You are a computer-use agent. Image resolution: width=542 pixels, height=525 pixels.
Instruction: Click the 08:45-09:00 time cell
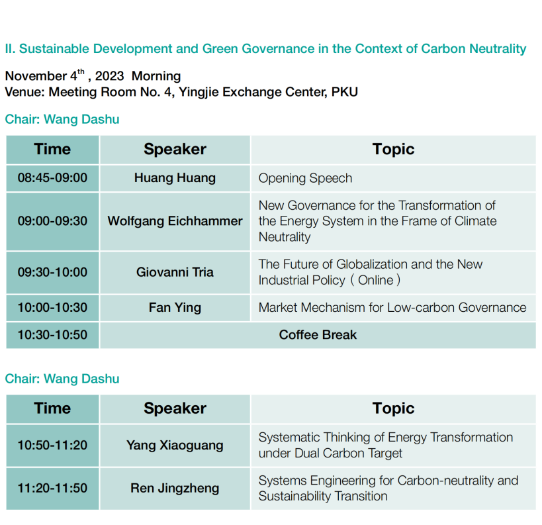click(52, 178)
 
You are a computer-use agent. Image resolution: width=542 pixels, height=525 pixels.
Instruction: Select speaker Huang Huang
click(175, 178)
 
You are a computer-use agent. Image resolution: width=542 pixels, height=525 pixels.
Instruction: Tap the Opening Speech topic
click(305, 179)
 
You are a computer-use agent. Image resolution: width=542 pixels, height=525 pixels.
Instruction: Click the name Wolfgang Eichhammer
click(175, 221)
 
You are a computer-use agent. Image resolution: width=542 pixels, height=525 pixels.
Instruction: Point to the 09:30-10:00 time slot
click(52, 272)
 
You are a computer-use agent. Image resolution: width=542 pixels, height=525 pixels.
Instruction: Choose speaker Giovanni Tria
click(175, 272)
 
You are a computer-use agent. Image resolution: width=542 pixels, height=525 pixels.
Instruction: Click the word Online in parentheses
click(376, 280)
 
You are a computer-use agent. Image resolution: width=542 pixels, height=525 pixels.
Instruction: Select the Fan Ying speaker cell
click(175, 308)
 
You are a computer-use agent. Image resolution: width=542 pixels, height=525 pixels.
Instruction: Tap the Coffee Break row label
click(318, 335)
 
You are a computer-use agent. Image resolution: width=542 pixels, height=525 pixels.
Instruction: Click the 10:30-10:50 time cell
click(52, 335)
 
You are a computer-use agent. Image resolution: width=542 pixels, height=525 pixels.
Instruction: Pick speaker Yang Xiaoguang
click(175, 446)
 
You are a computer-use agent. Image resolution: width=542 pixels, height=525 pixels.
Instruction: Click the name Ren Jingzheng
click(175, 489)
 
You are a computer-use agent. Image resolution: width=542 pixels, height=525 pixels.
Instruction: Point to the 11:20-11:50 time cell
click(52, 489)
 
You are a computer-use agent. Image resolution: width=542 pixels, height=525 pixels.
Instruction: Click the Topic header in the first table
click(393, 150)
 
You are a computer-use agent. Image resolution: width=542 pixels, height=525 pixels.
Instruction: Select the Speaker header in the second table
click(175, 408)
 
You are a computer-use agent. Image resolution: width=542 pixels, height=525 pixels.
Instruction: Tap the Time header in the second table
click(52, 408)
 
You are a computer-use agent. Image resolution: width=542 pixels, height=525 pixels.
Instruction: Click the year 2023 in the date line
click(109, 76)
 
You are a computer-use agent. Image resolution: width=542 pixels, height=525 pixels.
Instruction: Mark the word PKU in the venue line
click(345, 92)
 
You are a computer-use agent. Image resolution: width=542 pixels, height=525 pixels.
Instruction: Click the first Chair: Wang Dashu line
click(62, 119)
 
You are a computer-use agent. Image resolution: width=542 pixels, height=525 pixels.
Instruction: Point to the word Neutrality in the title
click(498, 49)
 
